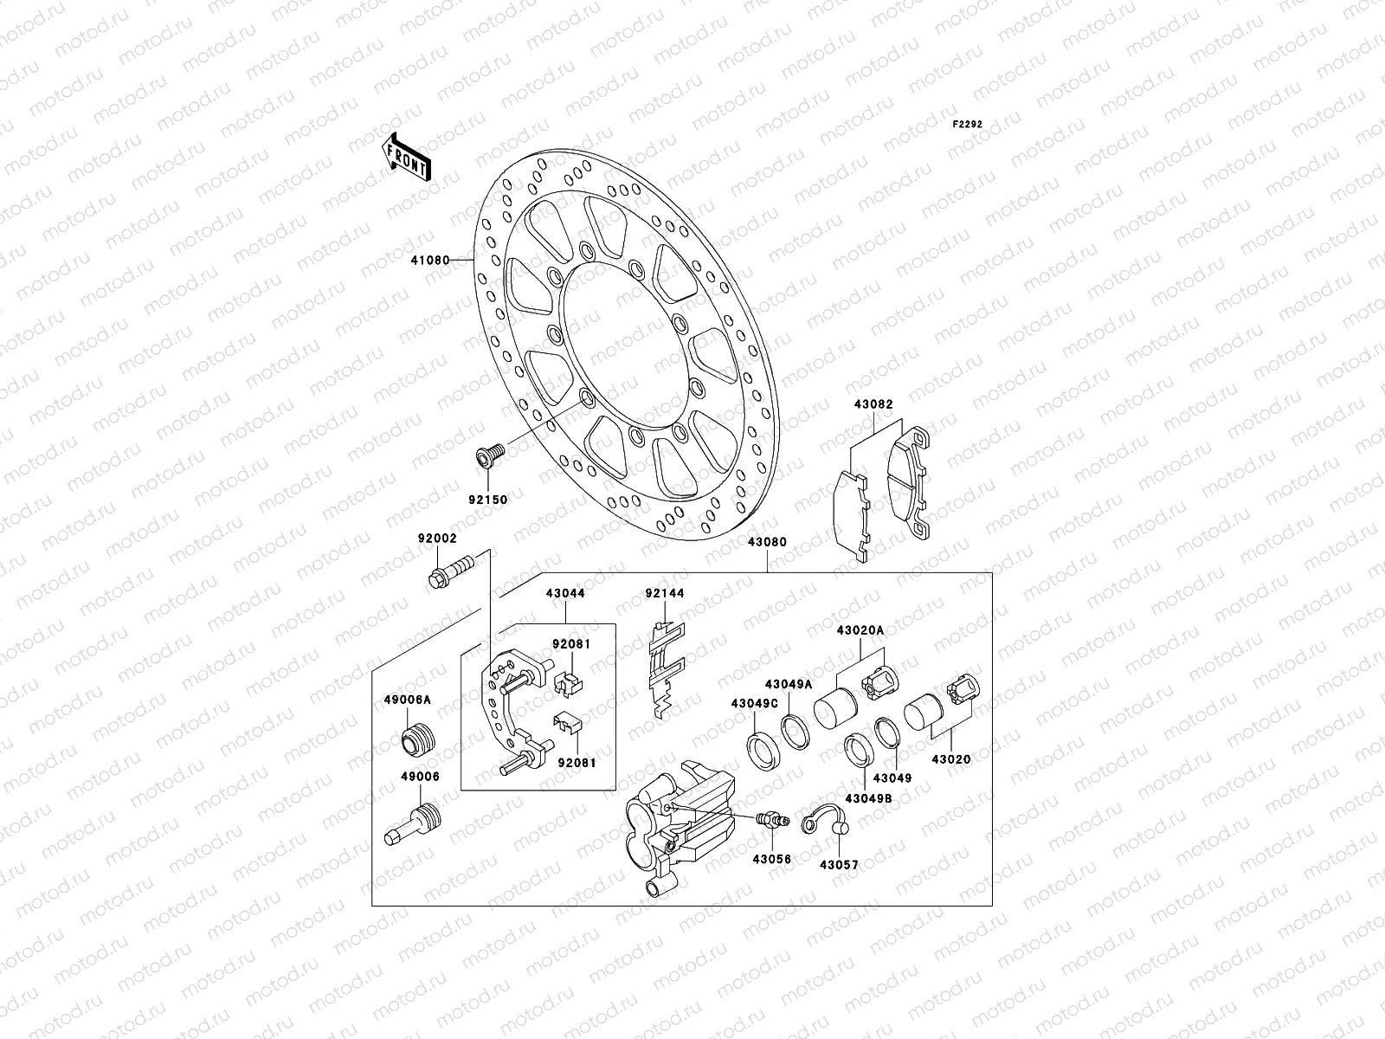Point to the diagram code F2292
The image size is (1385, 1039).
[x=968, y=124]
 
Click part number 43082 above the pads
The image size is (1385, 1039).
[x=873, y=404]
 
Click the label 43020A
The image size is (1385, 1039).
[x=860, y=630]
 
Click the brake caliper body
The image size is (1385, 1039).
[x=680, y=818]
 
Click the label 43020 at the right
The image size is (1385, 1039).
[x=951, y=759]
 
